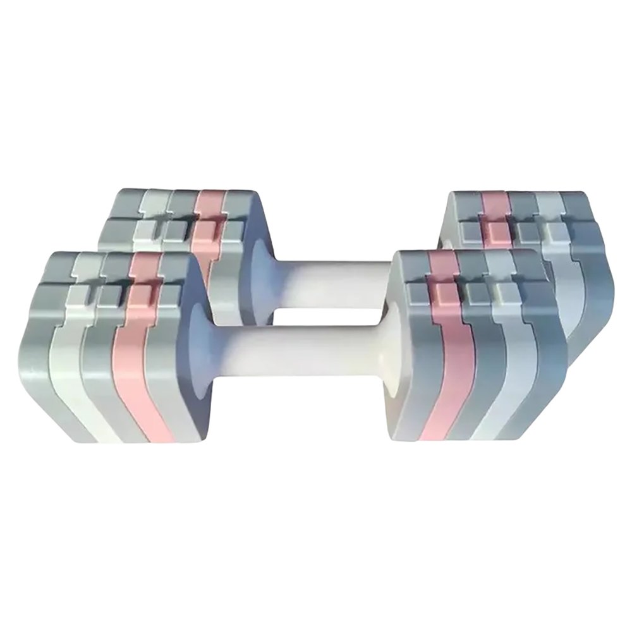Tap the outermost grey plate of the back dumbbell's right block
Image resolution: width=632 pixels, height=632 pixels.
click(x=585, y=265)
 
